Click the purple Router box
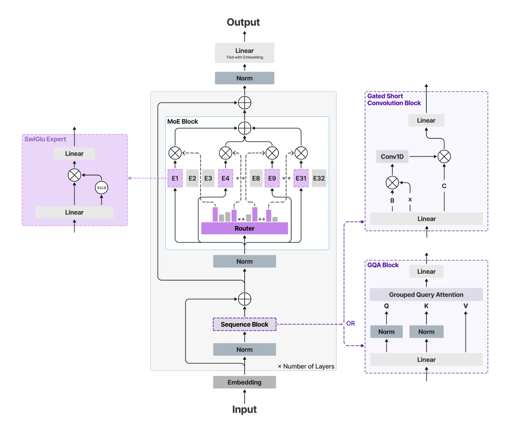[244, 228]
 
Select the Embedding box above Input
[244, 382]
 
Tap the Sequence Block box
[244, 324]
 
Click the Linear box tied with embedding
[244, 53]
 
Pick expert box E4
[225, 178]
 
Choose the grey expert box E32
[319, 178]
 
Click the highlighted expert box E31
[301, 178]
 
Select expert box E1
[175, 178]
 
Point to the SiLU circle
[101, 188]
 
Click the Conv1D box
[392, 157]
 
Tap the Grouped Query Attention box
[426, 295]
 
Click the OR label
[351, 323]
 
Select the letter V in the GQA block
[466, 306]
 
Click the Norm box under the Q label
[386, 332]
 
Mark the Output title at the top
[243, 22]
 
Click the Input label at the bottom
[244, 409]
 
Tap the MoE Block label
[182, 122]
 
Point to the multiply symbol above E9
[272, 153]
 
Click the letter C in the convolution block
[444, 186]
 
